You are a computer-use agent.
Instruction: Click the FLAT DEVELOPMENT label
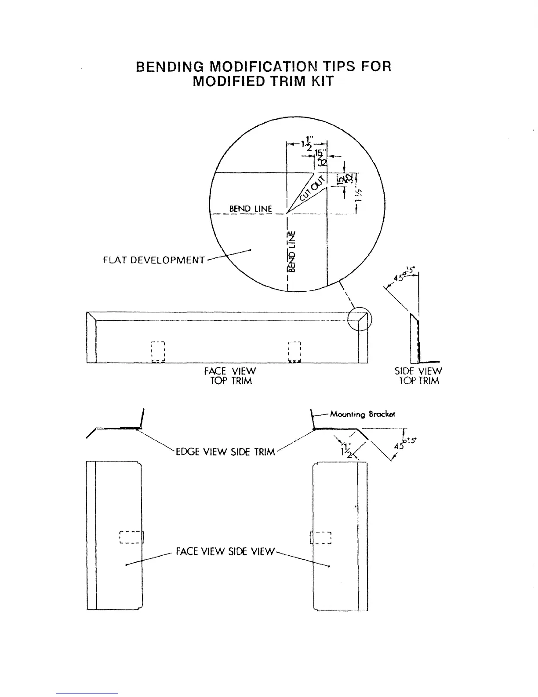[153, 260]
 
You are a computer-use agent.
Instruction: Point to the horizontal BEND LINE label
[250, 209]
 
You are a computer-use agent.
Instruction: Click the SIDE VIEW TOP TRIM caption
[418, 376]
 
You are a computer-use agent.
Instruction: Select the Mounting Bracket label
[363, 414]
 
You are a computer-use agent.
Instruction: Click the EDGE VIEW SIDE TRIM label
[225, 452]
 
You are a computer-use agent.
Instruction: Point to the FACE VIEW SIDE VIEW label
[225, 551]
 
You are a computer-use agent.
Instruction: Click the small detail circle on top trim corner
[360, 319]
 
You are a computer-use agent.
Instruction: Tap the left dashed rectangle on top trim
[157, 352]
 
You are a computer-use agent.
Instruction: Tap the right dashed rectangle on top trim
[293, 352]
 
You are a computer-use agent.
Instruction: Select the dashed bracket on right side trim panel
[321, 538]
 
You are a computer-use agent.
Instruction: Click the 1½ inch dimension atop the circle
[307, 144]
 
